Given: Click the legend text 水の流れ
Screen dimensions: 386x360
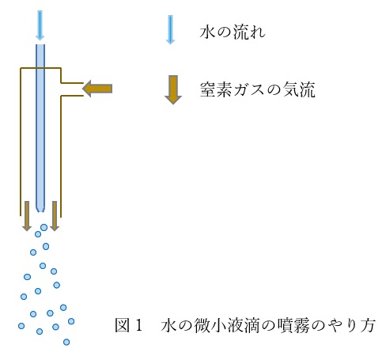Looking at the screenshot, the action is pyautogui.click(x=233, y=32).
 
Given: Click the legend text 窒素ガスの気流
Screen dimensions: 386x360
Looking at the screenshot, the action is pyautogui.click(x=257, y=89).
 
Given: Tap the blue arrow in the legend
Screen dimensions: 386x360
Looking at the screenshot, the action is pyautogui.click(x=170, y=30).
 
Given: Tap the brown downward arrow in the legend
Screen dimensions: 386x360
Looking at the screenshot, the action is pyautogui.click(x=173, y=89).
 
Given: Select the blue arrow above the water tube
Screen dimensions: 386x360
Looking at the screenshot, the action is pyautogui.click(x=40, y=25).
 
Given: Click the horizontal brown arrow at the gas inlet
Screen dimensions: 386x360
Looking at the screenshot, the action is pyautogui.click(x=97, y=89).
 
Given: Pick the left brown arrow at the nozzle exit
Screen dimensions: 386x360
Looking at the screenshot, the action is pyautogui.click(x=27, y=216).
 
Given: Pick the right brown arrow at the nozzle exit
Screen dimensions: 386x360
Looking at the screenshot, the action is pyautogui.click(x=55, y=216).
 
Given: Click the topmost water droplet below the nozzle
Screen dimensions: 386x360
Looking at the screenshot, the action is pyautogui.click(x=44, y=227).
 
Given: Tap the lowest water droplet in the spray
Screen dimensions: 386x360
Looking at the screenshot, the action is pyautogui.click(x=66, y=342).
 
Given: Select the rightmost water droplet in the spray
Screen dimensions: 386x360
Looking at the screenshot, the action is pyautogui.click(x=71, y=321).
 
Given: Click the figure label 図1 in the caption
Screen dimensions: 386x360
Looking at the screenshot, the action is pyautogui.click(x=129, y=325).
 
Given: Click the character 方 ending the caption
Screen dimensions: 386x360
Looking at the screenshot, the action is pyautogui.click(x=368, y=325).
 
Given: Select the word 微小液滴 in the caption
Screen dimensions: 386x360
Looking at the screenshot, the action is pyautogui.click(x=227, y=325).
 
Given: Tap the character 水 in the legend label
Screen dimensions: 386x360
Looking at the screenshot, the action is pyautogui.click(x=207, y=32).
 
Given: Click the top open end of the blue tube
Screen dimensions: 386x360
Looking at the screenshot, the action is pyautogui.click(x=40, y=44).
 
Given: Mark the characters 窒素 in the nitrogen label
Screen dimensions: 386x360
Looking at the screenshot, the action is pyautogui.click(x=216, y=89).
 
